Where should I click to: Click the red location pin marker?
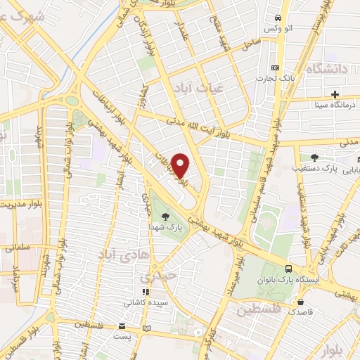(181, 165)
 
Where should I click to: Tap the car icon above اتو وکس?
(279, 18)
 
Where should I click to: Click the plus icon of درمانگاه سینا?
(335, 94)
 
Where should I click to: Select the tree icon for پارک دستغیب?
(314, 157)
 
